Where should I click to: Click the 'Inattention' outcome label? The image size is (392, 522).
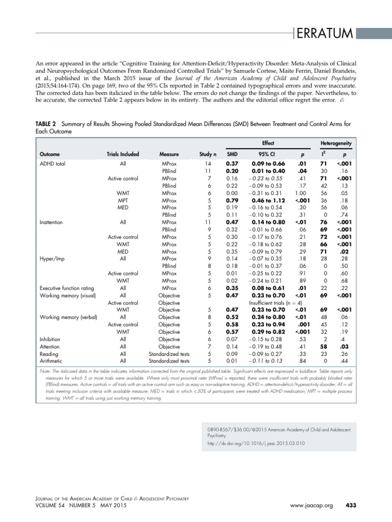52,222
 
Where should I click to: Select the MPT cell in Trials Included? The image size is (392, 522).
122,200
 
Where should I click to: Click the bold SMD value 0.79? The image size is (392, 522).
232,200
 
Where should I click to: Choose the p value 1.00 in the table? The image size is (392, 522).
301,193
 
